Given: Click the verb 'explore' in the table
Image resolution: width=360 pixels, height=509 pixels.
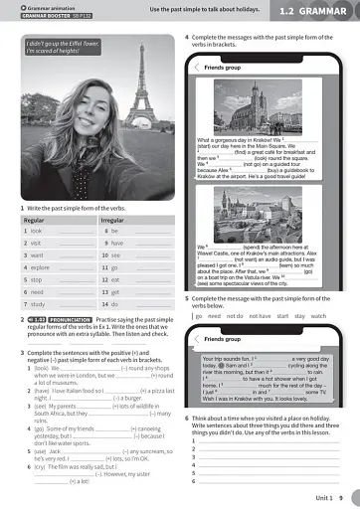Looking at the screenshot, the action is pyautogui.click(x=40, y=267).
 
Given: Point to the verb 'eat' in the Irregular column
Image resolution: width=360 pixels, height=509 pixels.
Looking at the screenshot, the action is pyautogui.click(x=114, y=279).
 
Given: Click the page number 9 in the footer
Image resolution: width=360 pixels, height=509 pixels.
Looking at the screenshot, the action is pyautogui.click(x=340, y=496).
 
